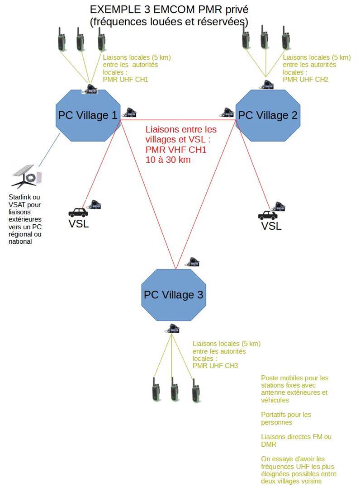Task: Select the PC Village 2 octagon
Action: tap(268, 115)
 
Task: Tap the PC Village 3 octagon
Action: tap(173, 295)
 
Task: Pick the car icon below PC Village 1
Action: tap(78, 212)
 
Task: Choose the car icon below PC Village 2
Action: tap(267, 215)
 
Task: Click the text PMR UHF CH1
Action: tap(125, 80)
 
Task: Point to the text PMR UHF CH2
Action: tap(305, 80)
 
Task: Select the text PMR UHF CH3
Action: tap(215, 366)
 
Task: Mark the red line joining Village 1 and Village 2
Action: tap(176, 120)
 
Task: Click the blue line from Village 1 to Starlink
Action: tap(49, 149)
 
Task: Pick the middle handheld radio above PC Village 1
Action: tap(80, 39)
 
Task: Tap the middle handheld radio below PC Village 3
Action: tap(174, 388)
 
